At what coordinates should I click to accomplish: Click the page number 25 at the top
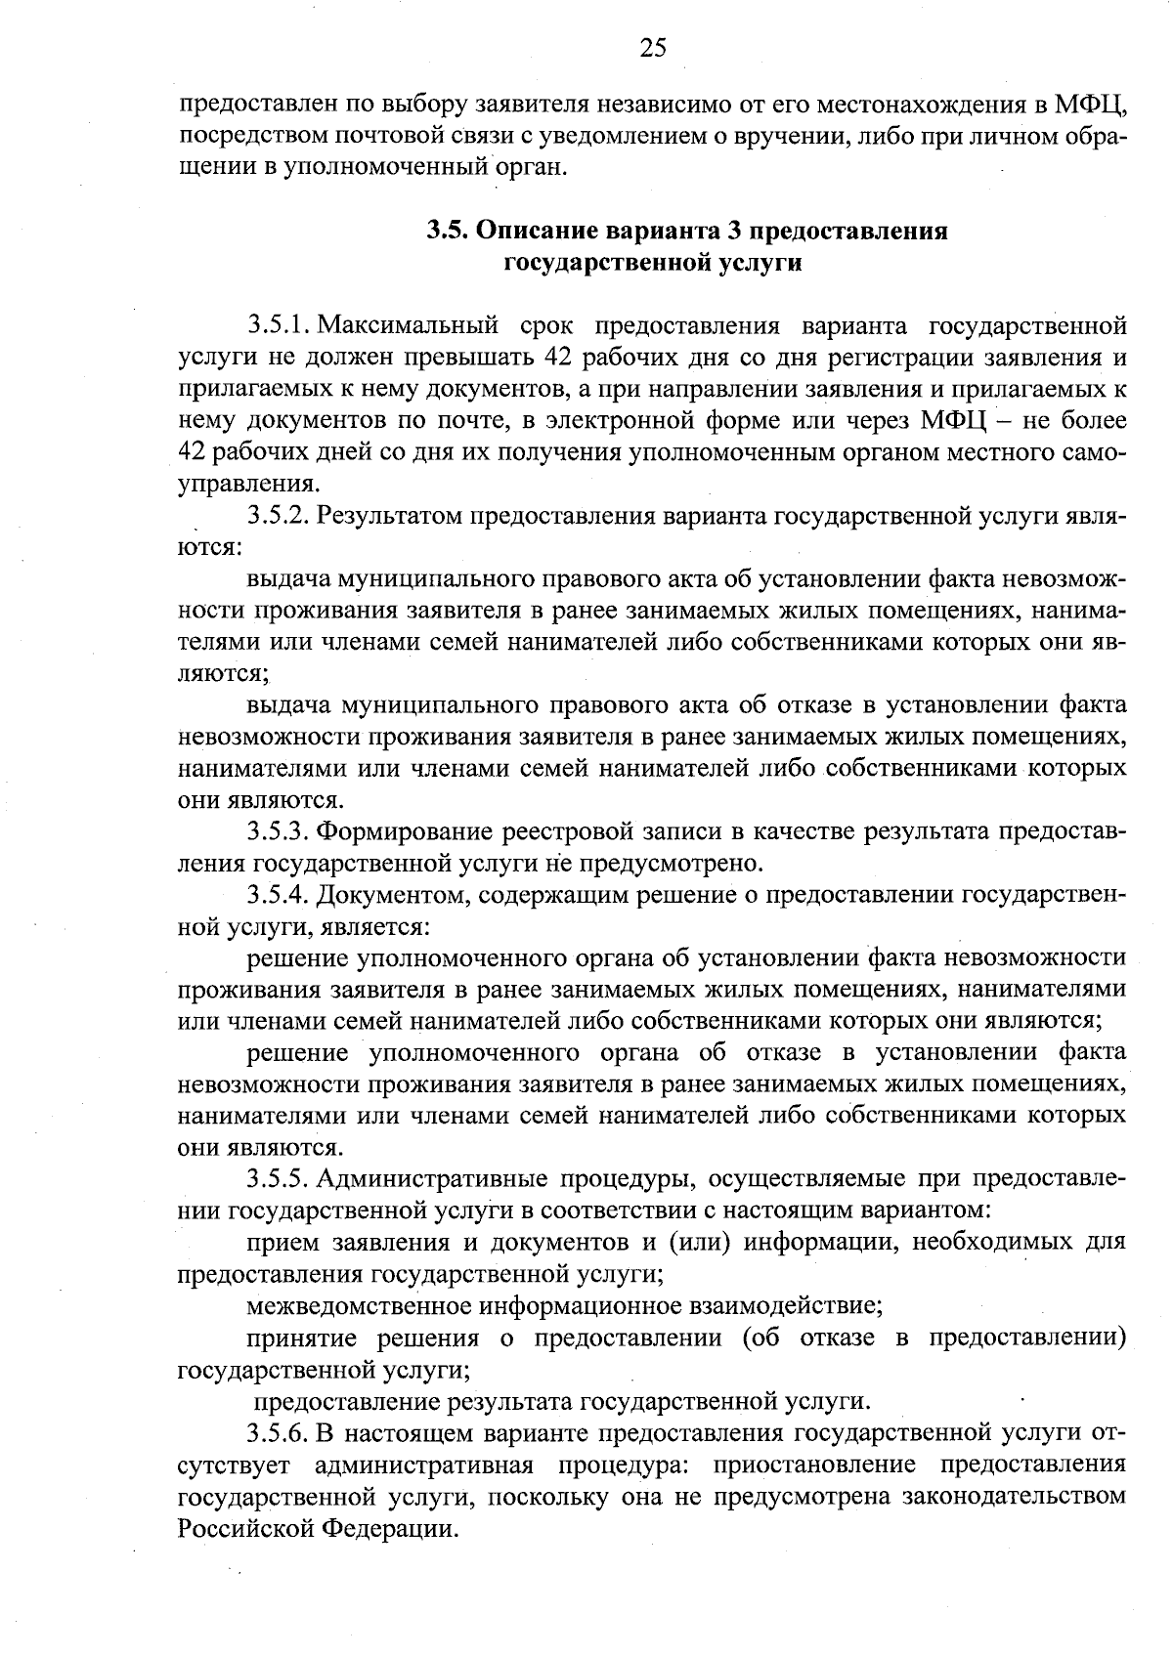click(653, 48)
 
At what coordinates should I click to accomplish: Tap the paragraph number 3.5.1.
click(279, 325)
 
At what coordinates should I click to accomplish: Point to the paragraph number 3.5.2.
click(279, 516)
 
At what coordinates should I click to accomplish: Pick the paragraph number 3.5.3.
click(279, 832)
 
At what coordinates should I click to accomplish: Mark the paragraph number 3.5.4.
click(279, 896)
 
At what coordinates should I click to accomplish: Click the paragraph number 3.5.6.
click(279, 1433)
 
